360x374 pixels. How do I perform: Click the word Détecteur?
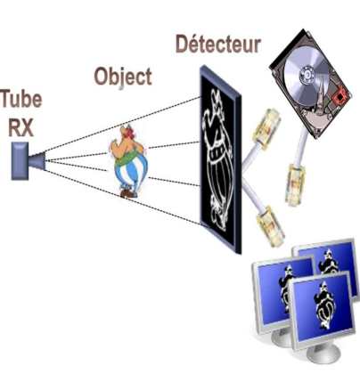pyautogui.click(x=218, y=45)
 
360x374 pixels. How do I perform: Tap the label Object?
pyautogui.click(x=123, y=77)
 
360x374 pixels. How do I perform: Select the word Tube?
pyautogui.click(x=21, y=100)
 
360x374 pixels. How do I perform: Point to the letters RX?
pyautogui.click(x=20, y=126)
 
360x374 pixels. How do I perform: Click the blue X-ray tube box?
pyautogui.click(x=20, y=161)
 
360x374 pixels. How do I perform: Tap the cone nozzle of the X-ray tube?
pyautogui.click(x=37, y=161)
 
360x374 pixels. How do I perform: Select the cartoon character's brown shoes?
pyautogui.click(x=128, y=193)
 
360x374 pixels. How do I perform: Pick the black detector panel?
pyautogui.click(x=220, y=159)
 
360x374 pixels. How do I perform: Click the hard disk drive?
pyautogui.click(x=311, y=84)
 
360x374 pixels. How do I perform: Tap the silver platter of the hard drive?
pyautogui.click(x=307, y=74)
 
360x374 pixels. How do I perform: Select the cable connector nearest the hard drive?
pyautogui.click(x=295, y=183)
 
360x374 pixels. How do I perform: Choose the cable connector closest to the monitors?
pyautogui.click(x=270, y=226)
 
